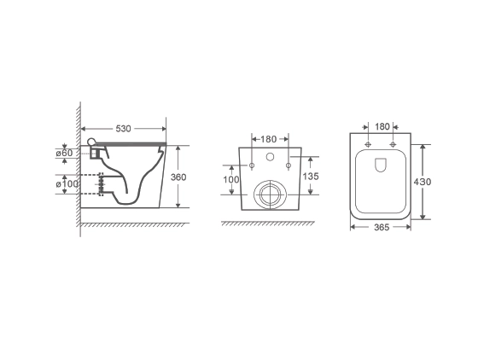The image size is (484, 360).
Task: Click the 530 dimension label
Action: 123,129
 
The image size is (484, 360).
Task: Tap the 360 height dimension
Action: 178,177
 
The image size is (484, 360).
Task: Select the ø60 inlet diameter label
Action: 64,153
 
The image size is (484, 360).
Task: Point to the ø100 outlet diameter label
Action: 67,184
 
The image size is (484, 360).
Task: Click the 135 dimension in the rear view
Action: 311,176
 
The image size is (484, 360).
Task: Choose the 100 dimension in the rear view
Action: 231,179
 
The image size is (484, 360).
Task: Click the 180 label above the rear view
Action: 269,139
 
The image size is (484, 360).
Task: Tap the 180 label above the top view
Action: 382,127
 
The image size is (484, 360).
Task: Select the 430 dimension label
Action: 423,182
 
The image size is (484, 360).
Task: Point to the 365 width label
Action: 382,228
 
